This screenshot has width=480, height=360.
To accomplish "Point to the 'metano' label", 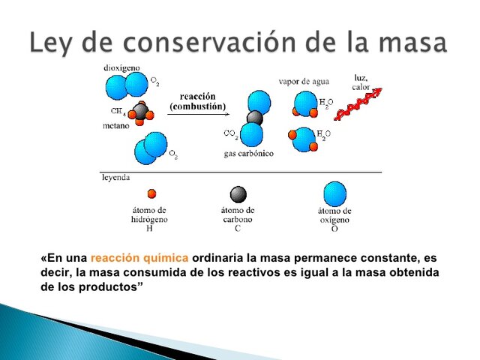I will (x=117, y=127).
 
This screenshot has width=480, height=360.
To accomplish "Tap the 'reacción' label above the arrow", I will (x=197, y=96).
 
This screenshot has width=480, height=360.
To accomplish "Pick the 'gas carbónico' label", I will (x=248, y=153).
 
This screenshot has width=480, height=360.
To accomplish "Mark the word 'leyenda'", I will (x=115, y=178).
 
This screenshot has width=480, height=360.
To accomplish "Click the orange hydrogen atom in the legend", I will (x=152, y=193).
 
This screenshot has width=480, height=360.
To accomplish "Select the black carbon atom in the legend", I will (x=238, y=194).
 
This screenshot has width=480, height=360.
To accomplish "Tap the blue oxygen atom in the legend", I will (x=334, y=193).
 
